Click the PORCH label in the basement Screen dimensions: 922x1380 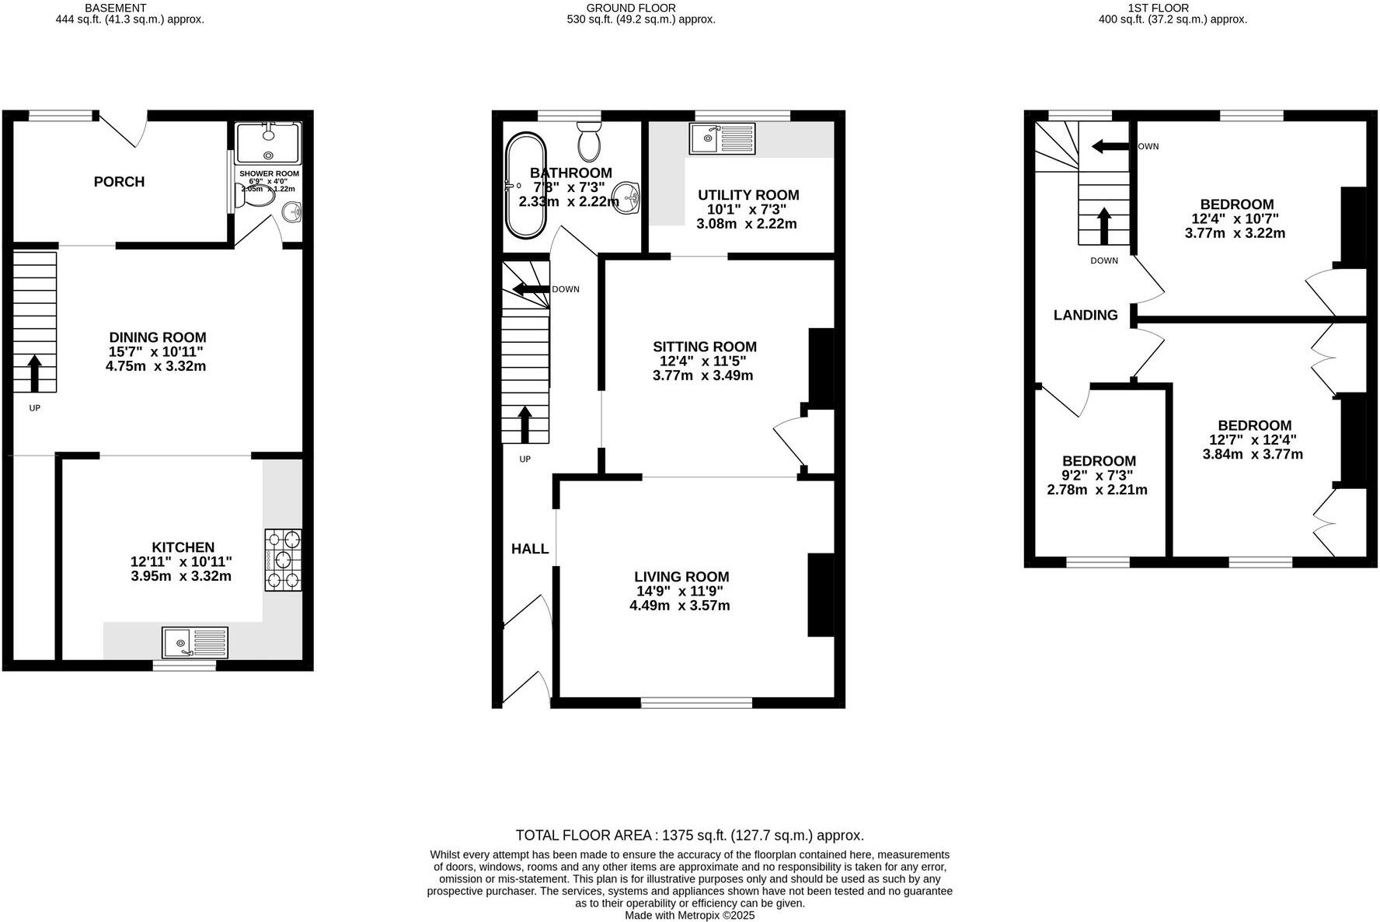coord(119,182)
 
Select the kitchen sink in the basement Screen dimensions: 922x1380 coord(195,643)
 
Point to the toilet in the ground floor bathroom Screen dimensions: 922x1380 coord(590,141)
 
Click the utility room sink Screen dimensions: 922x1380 coord(722,139)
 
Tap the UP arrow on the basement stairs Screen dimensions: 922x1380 coord(34,374)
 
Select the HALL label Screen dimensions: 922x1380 coord(530,549)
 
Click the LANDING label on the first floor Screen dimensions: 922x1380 coord(1086,315)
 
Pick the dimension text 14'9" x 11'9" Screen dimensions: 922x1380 coord(679,591)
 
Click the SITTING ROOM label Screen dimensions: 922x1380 coord(704,347)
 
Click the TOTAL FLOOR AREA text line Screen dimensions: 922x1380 coord(689,836)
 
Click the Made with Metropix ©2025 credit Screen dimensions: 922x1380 coord(689,916)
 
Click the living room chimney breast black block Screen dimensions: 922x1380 coord(821,595)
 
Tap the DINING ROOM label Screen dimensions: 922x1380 coord(157,337)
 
